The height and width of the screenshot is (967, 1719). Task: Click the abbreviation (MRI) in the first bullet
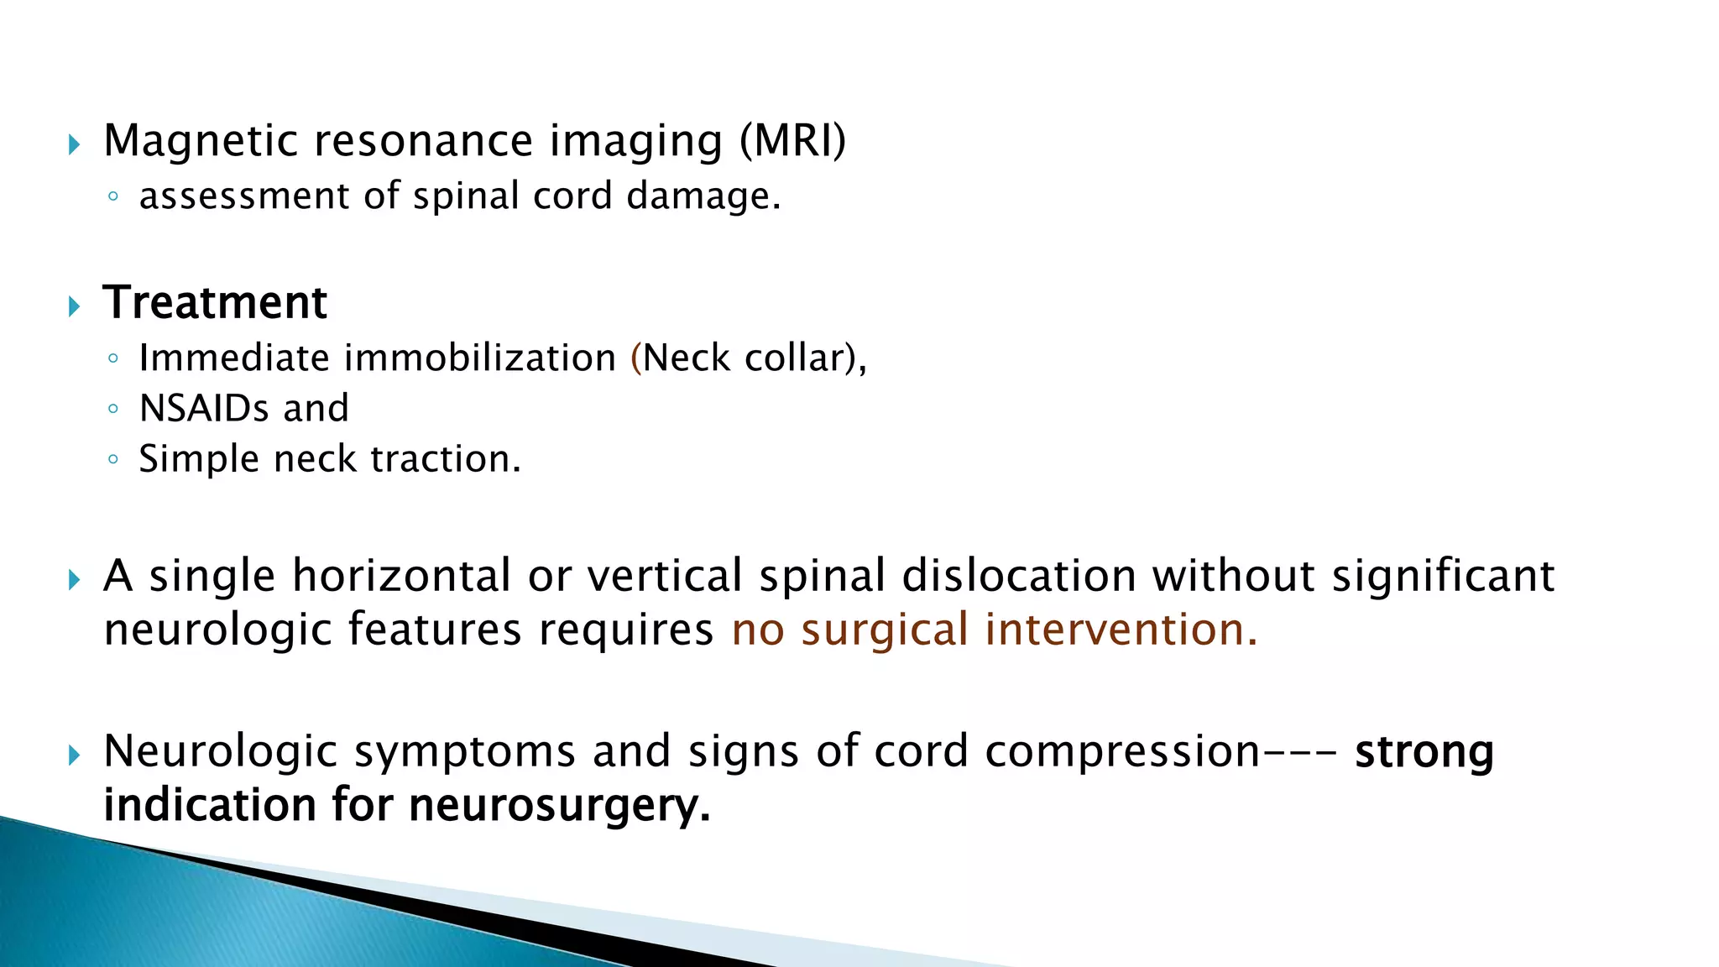(792, 141)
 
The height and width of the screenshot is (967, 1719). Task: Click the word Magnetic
(201, 141)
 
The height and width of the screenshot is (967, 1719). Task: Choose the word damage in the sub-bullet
(703, 196)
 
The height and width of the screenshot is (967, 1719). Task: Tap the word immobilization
(480, 358)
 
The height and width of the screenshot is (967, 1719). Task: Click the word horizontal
(401, 577)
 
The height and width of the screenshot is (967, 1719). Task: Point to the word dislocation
(1019, 577)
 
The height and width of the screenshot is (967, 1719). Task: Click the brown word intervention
(1121, 630)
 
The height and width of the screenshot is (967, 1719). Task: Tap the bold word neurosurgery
(559, 806)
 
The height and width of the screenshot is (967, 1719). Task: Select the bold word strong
(1424, 752)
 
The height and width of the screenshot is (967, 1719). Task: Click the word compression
(1122, 752)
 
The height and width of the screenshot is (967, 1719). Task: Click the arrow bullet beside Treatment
(74, 306)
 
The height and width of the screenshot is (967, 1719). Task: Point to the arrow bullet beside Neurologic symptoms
(74, 755)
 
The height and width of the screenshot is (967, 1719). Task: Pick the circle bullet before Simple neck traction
(113, 460)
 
